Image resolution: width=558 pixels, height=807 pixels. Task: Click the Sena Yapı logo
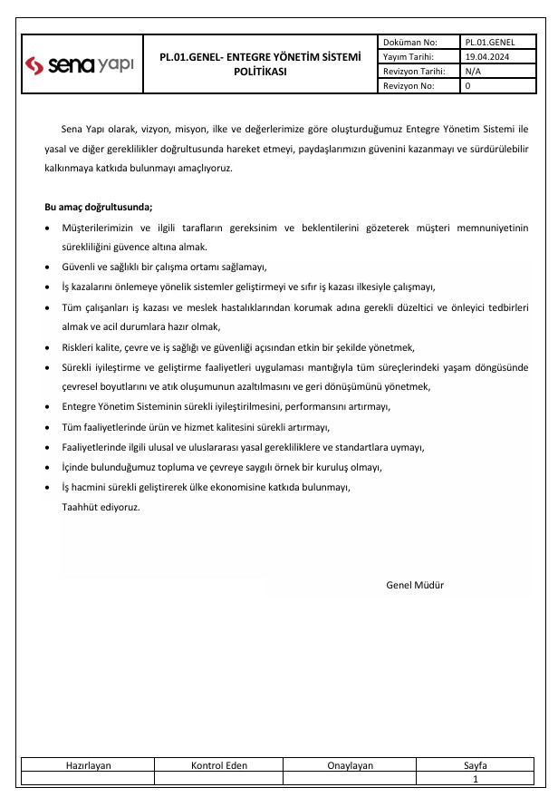pos(80,63)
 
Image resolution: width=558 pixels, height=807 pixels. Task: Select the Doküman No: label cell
pos(410,42)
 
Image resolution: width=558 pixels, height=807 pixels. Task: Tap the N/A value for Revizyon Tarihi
pos(473,71)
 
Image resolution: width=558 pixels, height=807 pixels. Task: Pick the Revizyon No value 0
pos(467,85)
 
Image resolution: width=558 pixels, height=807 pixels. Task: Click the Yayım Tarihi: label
pos(409,56)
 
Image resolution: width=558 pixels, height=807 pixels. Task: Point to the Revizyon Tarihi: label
pos(413,71)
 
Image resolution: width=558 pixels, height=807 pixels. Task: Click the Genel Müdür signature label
pos(415,585)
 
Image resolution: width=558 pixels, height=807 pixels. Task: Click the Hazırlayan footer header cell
pos(88,765)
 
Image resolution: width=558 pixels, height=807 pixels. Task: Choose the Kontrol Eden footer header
pos(218,765)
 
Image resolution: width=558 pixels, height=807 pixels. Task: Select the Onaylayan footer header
pos(350,765)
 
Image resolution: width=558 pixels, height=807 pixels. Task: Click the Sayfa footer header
pos(476,765)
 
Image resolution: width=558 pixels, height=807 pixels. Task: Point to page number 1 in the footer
pos(476,779)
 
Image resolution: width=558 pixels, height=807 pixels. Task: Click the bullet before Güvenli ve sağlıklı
pos(48,267)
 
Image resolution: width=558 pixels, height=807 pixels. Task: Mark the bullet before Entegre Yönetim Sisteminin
pos(48,407)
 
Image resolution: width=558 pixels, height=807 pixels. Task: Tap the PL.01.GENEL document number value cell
pos(490,42)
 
